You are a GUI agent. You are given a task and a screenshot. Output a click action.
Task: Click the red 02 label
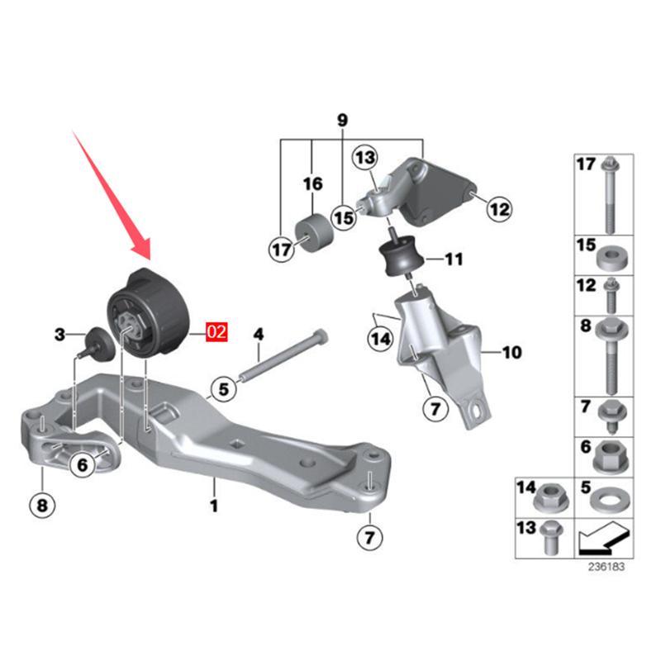click(216, 334)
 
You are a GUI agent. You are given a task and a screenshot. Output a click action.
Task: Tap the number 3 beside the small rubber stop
click(59, 335)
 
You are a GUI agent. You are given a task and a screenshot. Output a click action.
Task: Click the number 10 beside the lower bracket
click(511, 353)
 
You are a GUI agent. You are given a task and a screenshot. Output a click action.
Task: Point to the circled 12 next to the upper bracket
click(499, 209)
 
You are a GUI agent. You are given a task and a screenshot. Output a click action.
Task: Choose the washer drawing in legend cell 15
click(610, 257)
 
